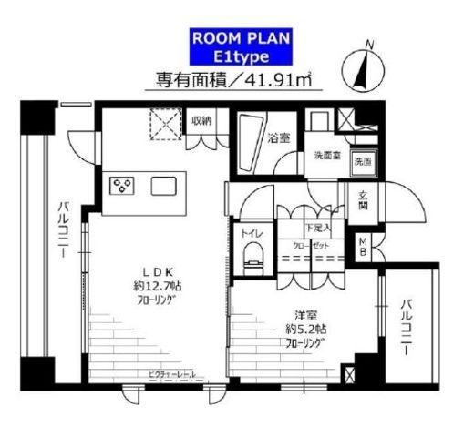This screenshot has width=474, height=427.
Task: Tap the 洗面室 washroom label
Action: tap(325, 155)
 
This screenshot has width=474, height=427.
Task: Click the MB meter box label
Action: tap(363, 246)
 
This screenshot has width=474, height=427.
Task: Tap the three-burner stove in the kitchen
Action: tap(121, 186)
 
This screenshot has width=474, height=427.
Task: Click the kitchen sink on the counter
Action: tap(165, 186)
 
